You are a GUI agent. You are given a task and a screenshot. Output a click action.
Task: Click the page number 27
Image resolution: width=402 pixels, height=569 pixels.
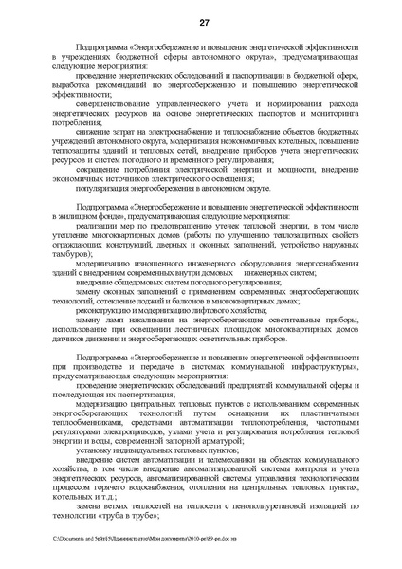tap(201, 23)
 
